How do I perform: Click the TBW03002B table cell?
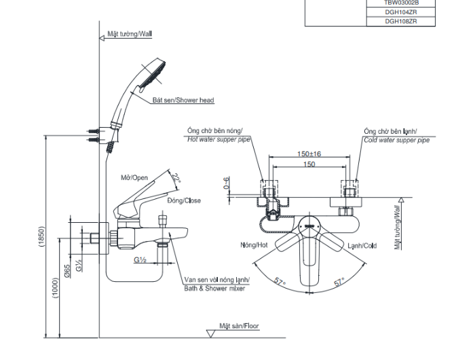coord(400,3)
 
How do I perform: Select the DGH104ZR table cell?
coord(400,12)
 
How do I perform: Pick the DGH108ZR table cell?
coord(400,21)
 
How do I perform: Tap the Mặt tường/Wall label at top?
coord(130,33)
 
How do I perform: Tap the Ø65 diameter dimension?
coord(68,271)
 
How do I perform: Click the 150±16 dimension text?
coord(309,154)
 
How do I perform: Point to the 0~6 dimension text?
coord(226,183)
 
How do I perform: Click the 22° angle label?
coord(176,178)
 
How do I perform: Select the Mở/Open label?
coord(134,178)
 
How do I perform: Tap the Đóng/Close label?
coord(184,200)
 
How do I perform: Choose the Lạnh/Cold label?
coord(362,246)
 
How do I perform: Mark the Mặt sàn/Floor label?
coord(239,327)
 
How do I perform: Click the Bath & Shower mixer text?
coord(214,289)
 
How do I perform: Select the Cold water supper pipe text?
coord(396,140)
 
